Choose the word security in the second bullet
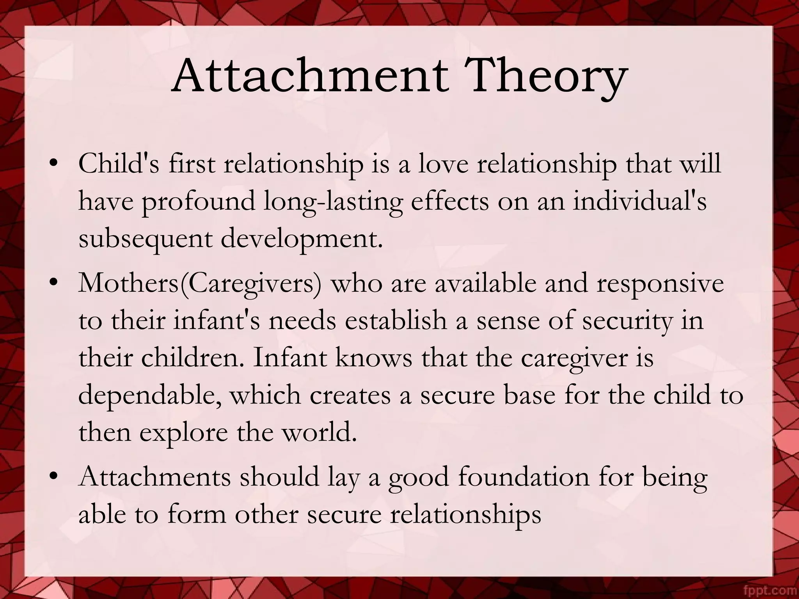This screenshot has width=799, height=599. coord(628,321)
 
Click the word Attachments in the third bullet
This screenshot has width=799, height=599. coord(154,477)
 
